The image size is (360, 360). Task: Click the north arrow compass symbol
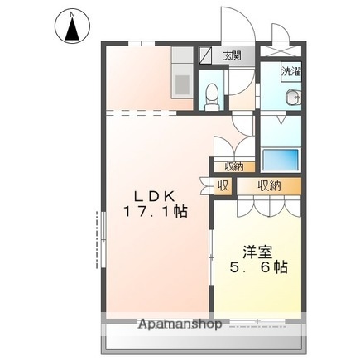72,26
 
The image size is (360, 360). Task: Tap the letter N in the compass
73,14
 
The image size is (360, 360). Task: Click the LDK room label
155,196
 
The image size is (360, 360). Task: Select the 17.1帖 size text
156,212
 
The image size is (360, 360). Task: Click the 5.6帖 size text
259,266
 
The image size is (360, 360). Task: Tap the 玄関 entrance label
233,55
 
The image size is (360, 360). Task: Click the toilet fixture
212,97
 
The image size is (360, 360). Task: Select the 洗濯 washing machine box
291,71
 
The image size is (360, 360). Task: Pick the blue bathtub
281,160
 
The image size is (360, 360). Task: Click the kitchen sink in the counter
182,84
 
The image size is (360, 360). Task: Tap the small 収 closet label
223,186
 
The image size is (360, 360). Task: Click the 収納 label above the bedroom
269,186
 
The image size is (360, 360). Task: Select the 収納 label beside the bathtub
234,166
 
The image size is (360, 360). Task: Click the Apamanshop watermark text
180,324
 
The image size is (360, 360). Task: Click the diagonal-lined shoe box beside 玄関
206,55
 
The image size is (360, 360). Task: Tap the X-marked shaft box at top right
281,51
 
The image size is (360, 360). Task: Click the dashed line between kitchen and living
142,113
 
